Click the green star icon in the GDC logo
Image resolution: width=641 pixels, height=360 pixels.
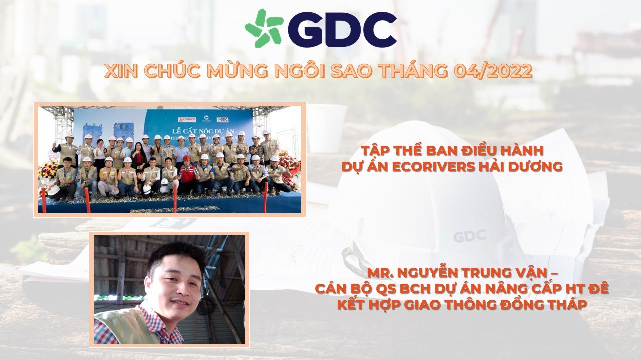[264, 28]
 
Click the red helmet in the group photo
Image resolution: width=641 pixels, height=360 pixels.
[187, 158]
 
